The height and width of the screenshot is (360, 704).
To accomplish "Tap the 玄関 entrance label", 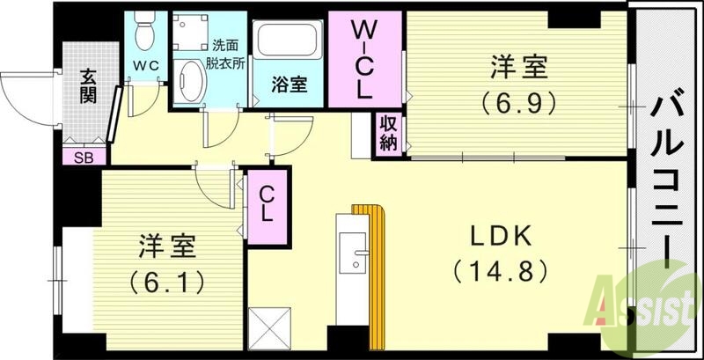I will pyautogui.click(x=88, y=85).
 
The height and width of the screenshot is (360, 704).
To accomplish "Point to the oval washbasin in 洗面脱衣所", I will pyautogui.click(x=187, y=82).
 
